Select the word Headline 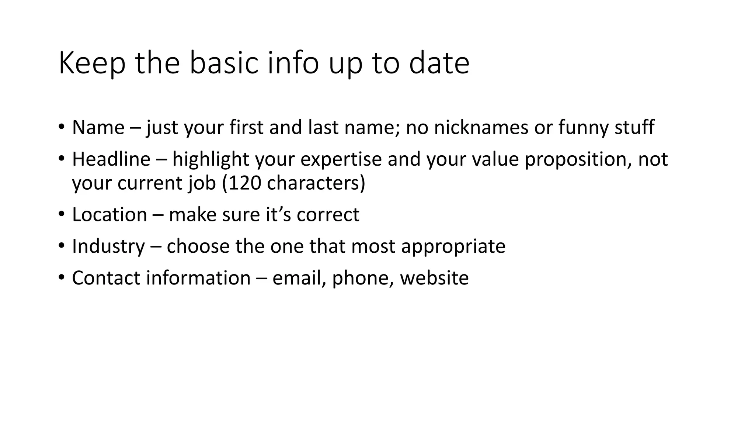pyautogui.click(x=111, y=159)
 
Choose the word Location pyautogui.click(x=109, y=215)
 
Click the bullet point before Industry pyautogui.click(x=61, y=246)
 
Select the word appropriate pyautogui.click(x=453, y=246)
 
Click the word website pyautogui.click(x=434, y=278)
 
